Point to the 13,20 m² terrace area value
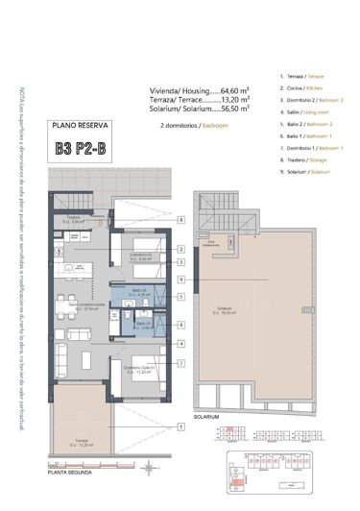point(233,98)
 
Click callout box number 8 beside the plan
point(180,219)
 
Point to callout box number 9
point(180,279)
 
